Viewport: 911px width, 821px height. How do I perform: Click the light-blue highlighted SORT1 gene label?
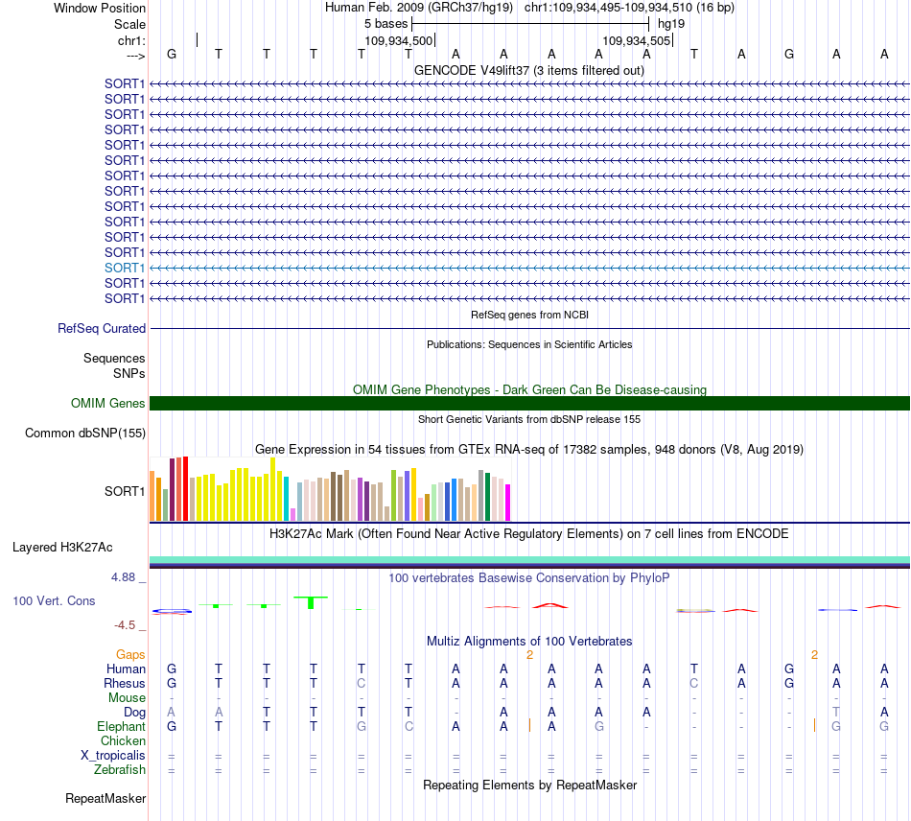coord(125,268)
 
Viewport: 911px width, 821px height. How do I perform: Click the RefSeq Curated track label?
coord(102,328)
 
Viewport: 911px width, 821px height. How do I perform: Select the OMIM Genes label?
coord(108,403)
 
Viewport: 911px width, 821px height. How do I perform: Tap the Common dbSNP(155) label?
coord(85,433)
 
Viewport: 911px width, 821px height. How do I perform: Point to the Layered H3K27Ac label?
coord(62,548)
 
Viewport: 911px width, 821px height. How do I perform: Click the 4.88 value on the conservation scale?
coord(123,577)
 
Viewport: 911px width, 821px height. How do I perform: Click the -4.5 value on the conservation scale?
coord(125,625)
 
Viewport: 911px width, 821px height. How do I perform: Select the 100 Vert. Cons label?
coord(54,600)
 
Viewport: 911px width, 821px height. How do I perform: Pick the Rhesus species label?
coord(125,683)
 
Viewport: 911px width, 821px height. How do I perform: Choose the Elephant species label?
coord(121,726)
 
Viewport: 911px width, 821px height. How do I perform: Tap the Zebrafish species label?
coord(120,770)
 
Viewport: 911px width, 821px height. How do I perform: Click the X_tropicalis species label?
coord(113,756)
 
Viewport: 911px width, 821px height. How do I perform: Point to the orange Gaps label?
coord(130,655)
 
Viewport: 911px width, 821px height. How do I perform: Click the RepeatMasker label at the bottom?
coord(105,798)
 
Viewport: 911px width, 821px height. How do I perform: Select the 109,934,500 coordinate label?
coord(399,40)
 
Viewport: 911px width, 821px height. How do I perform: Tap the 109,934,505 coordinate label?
coord(636,40)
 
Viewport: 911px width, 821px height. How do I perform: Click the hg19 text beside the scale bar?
coord(671,24)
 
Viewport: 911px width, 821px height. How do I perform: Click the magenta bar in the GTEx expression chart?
coord(507,503)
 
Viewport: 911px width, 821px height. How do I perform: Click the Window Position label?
coord(100,8)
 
